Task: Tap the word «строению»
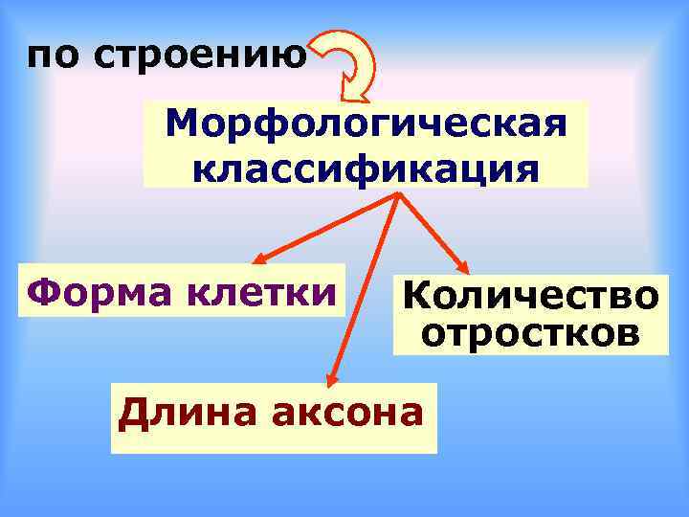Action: (200, 56)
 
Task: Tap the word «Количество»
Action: (530, 297)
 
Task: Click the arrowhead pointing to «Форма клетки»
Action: (261, 258)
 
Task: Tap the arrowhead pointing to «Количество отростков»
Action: (462, 269)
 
